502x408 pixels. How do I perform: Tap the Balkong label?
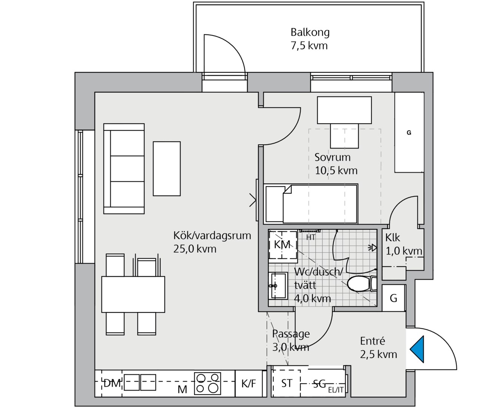coord(310,32)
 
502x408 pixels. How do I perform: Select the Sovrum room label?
coord(332,157)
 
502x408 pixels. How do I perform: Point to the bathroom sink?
coord(278,286)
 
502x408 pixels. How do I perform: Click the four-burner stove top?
coord(207,383)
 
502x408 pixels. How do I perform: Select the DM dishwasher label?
coord(112,383)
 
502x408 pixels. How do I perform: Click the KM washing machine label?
coord(282,244)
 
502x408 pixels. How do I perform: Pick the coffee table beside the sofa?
coord(167,169)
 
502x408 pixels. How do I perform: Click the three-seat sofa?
coord(124,169)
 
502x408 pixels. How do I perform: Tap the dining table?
coord(133,294)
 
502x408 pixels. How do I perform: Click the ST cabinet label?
coord(287,383)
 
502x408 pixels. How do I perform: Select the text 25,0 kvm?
coord(195,249)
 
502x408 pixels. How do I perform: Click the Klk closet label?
coord(392,238)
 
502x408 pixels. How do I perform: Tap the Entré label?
coord(372,341)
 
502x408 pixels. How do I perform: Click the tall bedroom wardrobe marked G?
coord(409,132)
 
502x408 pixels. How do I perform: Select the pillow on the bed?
coord(275,204)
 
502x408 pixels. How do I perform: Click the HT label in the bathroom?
coord(310,238)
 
